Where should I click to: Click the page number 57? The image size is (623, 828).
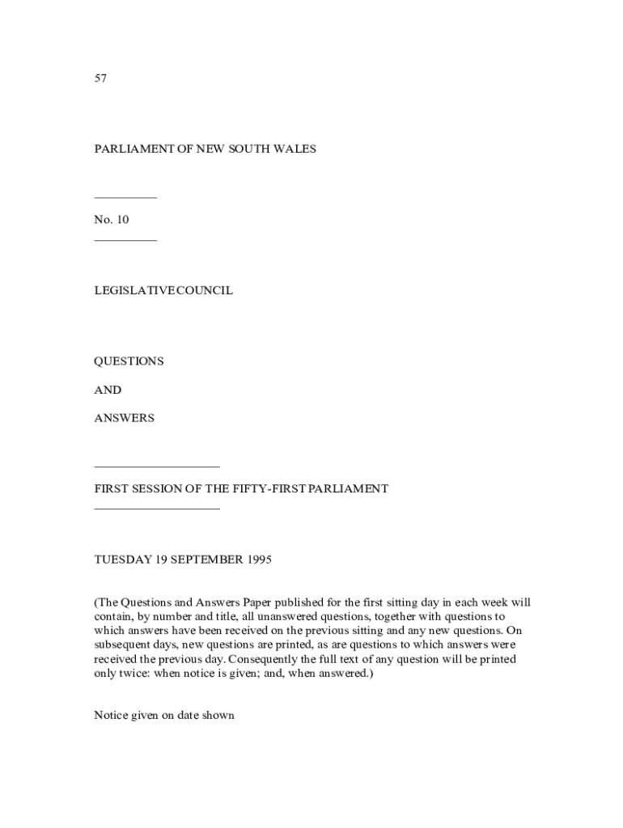100,78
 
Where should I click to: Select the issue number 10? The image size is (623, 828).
122,220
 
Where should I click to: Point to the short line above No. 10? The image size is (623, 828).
125,198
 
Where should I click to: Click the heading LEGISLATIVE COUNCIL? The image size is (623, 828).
163,290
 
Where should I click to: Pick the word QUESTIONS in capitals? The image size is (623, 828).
129,361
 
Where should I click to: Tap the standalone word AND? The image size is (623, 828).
108,390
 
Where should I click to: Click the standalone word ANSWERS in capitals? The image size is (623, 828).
124,418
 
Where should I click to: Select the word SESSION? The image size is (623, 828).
156,489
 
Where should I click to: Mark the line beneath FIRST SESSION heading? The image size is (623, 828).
157,509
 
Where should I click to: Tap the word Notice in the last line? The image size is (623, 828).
111,716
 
